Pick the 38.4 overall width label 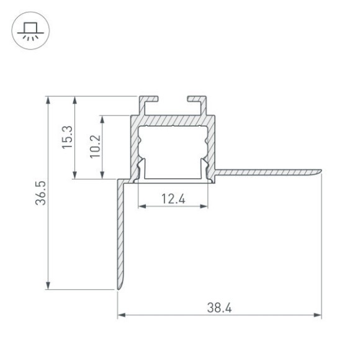pos(219,307)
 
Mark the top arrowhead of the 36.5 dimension pos(48,99)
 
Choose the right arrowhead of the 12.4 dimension pos(205,207)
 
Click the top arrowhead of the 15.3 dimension pos(75,99)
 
